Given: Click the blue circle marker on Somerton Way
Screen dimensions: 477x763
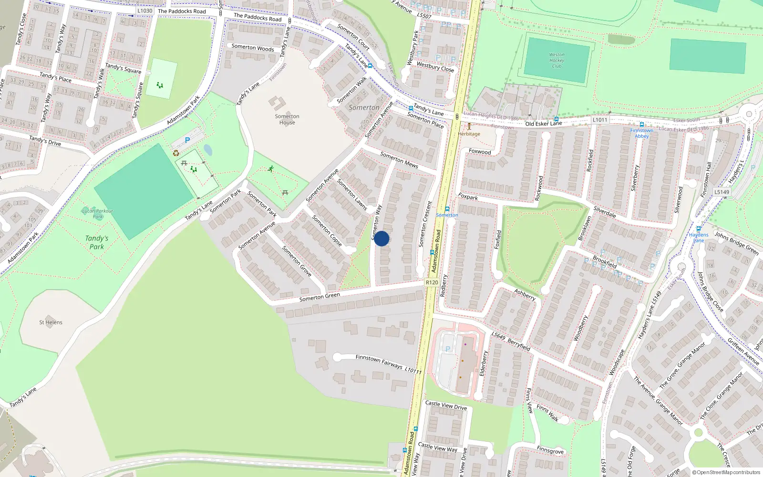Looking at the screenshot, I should point(381,238).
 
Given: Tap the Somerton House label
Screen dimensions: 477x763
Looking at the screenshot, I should point(287,119).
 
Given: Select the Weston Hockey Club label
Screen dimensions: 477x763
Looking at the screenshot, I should point(557,61).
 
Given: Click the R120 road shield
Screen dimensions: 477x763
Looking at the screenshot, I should point(432,282).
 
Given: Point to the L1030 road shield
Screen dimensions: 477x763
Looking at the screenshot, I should point(144,10).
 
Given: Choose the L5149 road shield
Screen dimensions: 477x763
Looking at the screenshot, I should point(722,192).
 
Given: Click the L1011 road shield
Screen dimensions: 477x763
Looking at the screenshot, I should point(600,120).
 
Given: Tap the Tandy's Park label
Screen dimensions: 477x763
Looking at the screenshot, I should point(97,242).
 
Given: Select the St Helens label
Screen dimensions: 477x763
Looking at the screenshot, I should point(51,322).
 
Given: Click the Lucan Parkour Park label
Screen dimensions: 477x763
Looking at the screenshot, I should point(98,214).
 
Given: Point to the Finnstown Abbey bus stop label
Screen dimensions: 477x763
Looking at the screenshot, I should point(641,133).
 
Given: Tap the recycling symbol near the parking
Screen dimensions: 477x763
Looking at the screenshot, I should point(176,153).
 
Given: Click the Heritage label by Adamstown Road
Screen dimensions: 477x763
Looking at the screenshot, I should point(469,134).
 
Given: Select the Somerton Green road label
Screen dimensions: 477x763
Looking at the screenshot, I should point(320,297).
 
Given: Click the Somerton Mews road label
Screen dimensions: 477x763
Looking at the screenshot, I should point(399,160).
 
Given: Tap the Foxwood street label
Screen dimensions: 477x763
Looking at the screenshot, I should point(480,152).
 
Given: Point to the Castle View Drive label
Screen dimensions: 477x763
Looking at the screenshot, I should point(446,405).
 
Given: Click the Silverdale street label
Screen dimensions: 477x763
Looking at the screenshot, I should point(605,212).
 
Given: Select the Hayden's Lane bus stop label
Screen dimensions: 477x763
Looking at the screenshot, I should point(699,237).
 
